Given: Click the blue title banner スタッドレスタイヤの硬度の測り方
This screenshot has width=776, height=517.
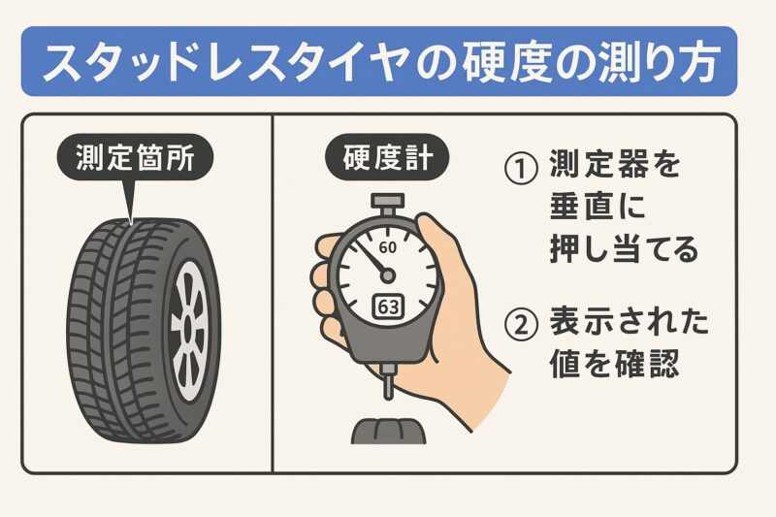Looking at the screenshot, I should (388, 63).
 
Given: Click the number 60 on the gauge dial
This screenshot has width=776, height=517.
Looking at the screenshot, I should (388, 247).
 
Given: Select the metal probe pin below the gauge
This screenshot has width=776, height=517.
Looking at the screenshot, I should (388, 387).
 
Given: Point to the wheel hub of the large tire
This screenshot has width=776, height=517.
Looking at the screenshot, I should (187, 322).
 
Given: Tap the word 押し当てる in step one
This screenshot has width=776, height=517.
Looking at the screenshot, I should (616, 249).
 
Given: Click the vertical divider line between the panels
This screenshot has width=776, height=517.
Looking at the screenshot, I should (273, 291).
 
